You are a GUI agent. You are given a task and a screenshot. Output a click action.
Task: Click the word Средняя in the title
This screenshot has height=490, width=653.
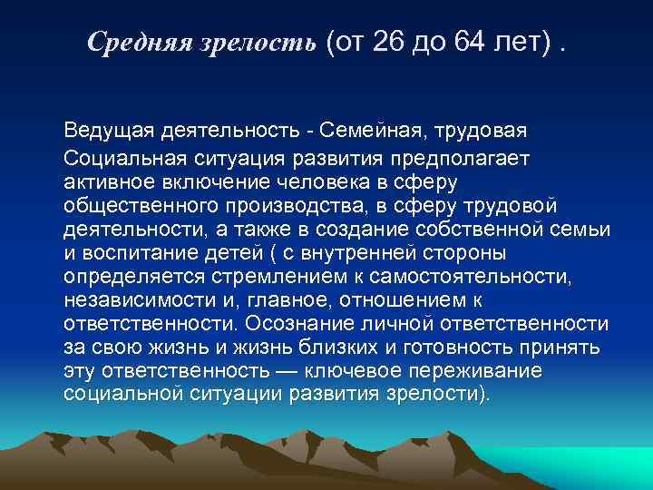tap(136, 42)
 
